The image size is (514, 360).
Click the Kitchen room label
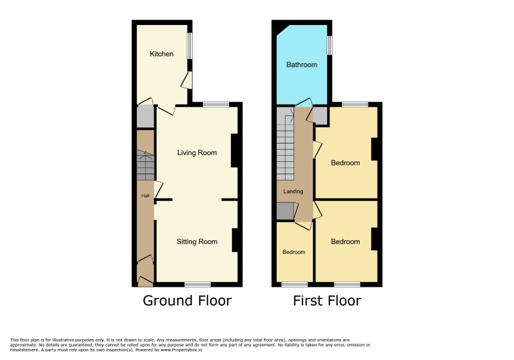click(161, 54)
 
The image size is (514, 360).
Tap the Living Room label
click(197, 153)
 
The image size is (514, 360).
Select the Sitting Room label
click(197, 242)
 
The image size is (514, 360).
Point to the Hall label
click(145, 196)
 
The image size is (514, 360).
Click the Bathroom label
click(302, 64)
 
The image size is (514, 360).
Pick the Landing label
click(293, 191)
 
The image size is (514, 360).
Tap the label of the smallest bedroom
click(294, 252)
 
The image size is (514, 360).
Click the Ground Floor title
click(187, 301)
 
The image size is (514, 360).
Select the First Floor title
click(327, 301)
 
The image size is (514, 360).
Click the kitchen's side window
click(190, 46)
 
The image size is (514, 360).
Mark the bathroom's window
click(330, 45)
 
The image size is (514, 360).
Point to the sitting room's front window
click(197, 284)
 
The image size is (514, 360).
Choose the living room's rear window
click(216, 105)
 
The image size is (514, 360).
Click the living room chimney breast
click(234, 150)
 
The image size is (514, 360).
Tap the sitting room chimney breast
click(235, 240)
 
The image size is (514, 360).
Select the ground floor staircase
click(145, 165)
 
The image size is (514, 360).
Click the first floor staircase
click(285, 144)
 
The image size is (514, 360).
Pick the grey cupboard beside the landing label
click(285, 211)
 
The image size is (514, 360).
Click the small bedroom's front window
click(295, 284)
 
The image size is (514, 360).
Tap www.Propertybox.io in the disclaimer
click(181, 350)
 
